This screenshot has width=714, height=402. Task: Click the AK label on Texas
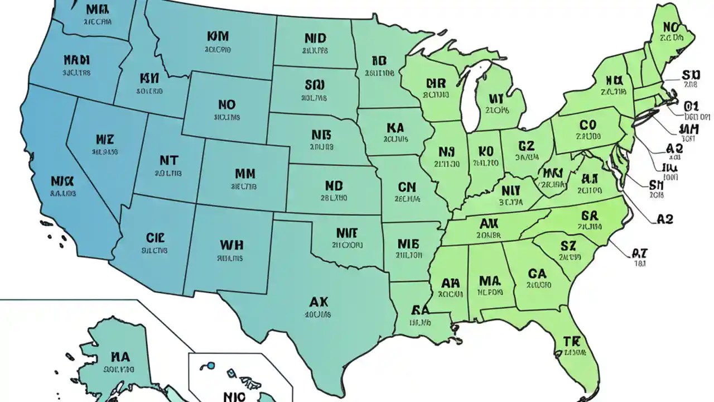tap(319, 302)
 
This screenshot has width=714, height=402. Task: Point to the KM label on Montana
tap(218, 37)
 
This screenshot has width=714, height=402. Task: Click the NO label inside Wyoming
tap(226, 105)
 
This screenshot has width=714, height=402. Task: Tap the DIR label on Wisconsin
tap(436, 83)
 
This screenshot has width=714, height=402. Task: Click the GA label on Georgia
tap(537, 273)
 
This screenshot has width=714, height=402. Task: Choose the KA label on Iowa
tap(394, 128)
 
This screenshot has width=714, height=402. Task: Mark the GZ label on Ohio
tap(526, 146)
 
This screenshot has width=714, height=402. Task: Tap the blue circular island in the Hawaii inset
tap(211, 366)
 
